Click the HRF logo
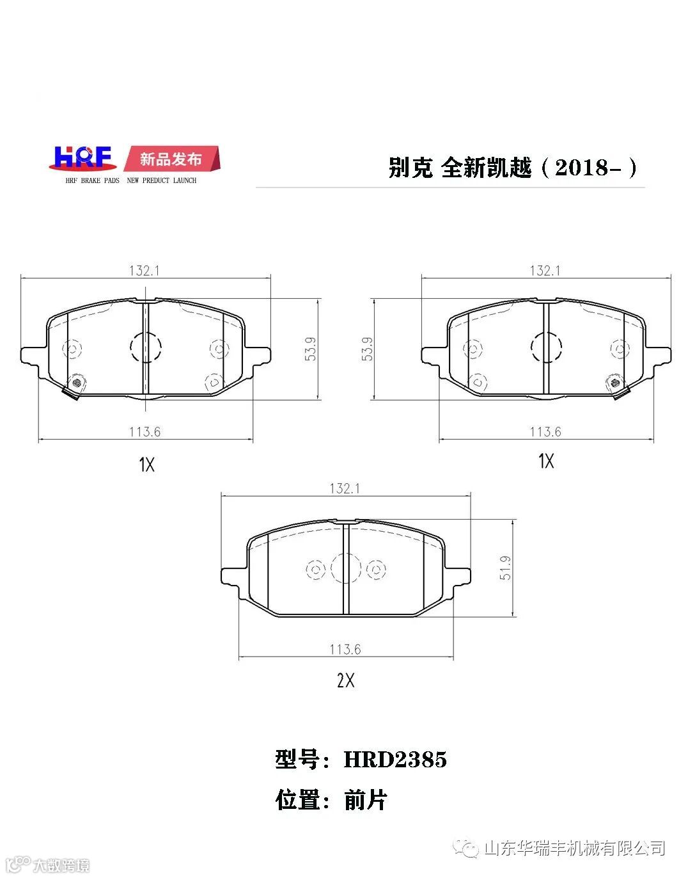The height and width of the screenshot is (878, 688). (x=82, y=158)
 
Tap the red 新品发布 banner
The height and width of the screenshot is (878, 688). (x=171, y=159)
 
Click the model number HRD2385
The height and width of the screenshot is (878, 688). (x=395, y=759)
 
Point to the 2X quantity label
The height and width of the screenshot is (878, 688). (x=345, y=680)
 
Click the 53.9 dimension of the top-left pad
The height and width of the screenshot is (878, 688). (x=310, y=349)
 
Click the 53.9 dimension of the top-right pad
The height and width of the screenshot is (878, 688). (x=367, y=349)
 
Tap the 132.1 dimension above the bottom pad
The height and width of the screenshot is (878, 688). (x=345, y=489)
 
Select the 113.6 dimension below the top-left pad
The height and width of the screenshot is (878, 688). (x=145, y=432)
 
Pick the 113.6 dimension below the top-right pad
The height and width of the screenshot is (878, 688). (x=545, y=432)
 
